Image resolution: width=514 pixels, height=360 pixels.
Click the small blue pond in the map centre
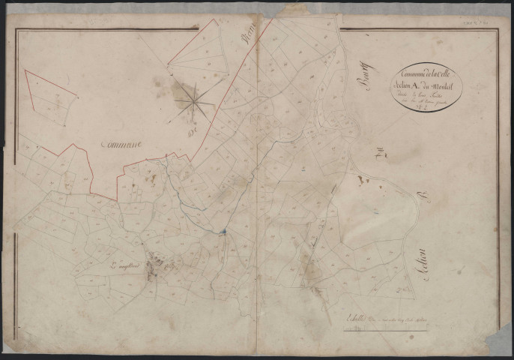tap(223, 231)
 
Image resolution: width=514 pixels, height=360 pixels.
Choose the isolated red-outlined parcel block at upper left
tap(51, 97)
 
